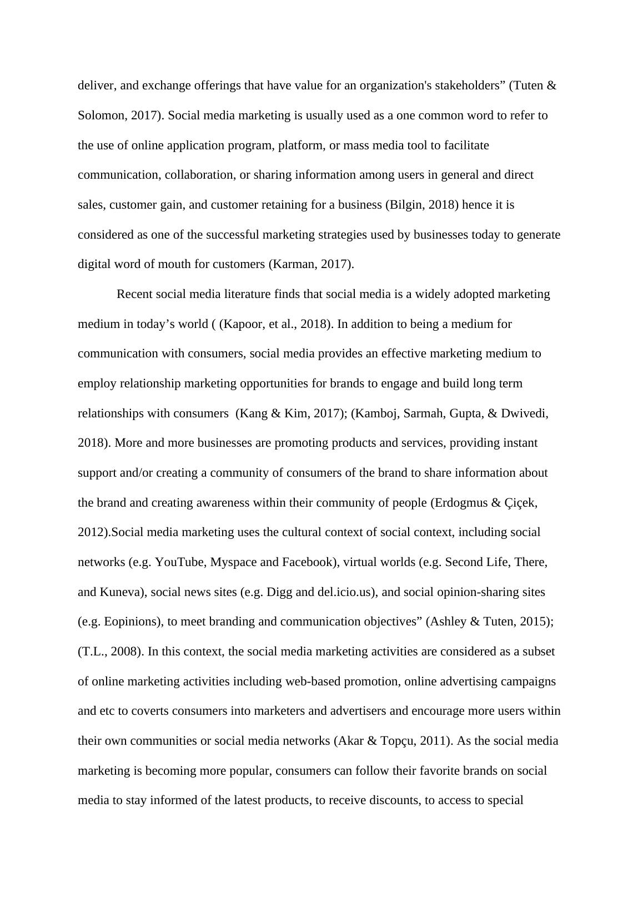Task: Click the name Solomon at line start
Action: click(99, 115)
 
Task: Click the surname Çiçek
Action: click(520, 503)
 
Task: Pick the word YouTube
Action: click(180, 562)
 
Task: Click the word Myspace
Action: click(233, 562)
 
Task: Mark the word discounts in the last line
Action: click(393, 800)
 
